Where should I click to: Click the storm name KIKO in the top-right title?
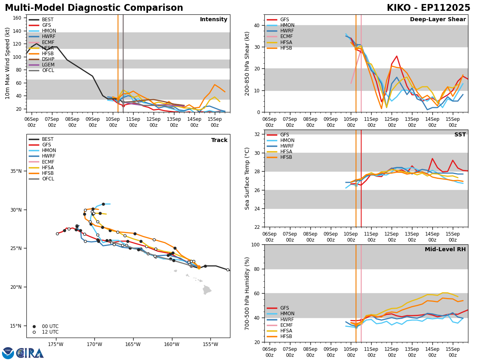(400, 8)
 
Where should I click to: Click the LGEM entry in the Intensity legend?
(48, 65)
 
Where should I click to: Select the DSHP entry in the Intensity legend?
(48, 59)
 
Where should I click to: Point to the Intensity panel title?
(214, 20)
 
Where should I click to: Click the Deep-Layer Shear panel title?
(438, 20)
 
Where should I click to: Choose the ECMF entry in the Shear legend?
(287, 37)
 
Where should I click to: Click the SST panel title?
(460, 135)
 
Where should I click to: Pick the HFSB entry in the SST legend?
(287, 157)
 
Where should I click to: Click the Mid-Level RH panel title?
(445, 250)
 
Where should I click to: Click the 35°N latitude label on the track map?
(16, 171)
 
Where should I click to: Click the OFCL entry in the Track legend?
(48, 179)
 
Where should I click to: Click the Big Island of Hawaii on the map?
(206, 290)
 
